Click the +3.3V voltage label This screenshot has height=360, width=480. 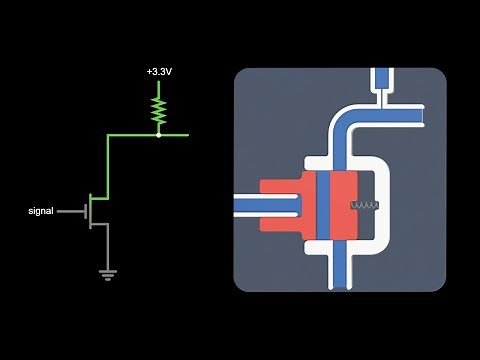click(x=158, y=73)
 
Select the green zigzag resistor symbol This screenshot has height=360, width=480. click(x=158, y=109)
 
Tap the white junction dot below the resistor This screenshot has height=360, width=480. click(x=158, y=133)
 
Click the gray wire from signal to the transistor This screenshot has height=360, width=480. click(x=72, y=211)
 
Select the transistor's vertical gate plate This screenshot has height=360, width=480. click(x=88, y=211)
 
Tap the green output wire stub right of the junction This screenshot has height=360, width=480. click(x=174, y=133)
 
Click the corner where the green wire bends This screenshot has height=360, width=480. click(x=108, y=134)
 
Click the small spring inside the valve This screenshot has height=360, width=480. click(x=364, y=208)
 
